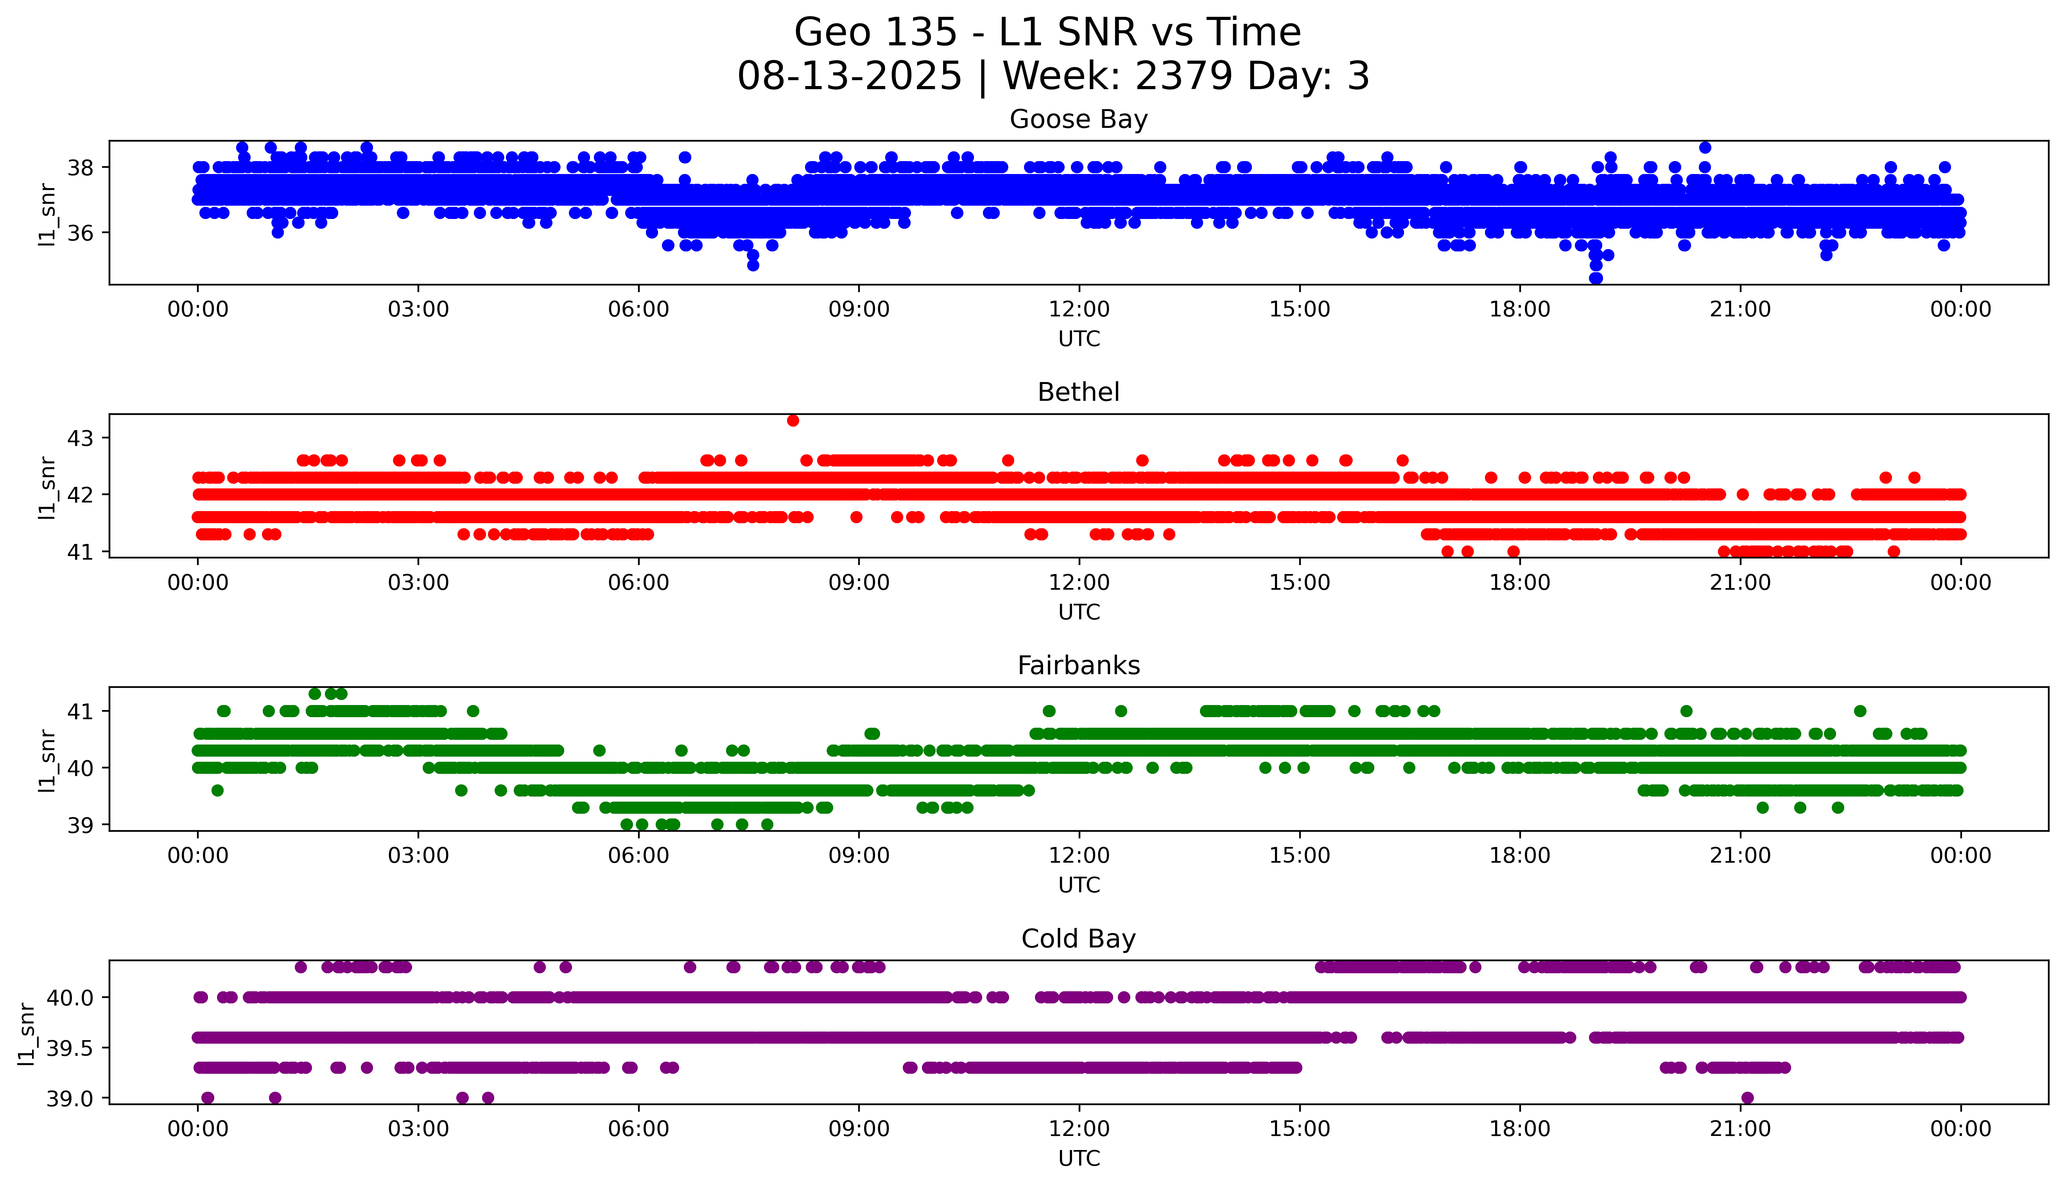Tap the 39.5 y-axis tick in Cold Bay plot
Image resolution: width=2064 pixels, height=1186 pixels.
pyautogui.click(x=70, y=1048)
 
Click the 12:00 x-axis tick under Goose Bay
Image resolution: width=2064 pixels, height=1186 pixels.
pyautogui.click(x=1079, y=310)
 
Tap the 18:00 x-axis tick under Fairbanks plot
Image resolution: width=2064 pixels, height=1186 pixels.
pyautogui.click(x=1519, y=855)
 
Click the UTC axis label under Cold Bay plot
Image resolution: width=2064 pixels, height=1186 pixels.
pyautogui.click(x=1079, y=1158)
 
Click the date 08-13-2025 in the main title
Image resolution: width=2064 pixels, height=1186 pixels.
pyautogui.click(x=849, y=77)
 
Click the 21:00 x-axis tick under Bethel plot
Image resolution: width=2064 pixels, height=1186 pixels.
pyautogui.click(x=1740, y=582)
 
